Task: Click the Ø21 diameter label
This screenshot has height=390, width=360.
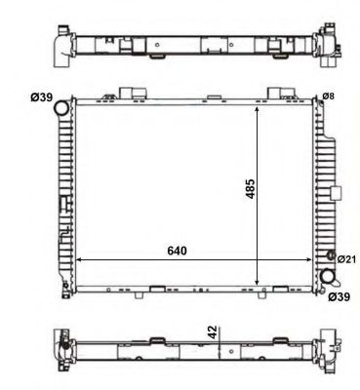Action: (344, 259)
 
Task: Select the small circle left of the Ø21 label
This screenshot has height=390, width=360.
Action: (329, 259)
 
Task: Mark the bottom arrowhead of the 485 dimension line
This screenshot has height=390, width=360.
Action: (257, 280)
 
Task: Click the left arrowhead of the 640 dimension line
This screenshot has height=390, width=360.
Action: (79, 260)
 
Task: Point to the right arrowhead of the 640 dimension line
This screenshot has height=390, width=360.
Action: (314, 260)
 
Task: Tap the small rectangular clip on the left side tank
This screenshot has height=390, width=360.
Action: (63, 205)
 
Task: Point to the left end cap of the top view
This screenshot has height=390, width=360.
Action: (60, 45)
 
